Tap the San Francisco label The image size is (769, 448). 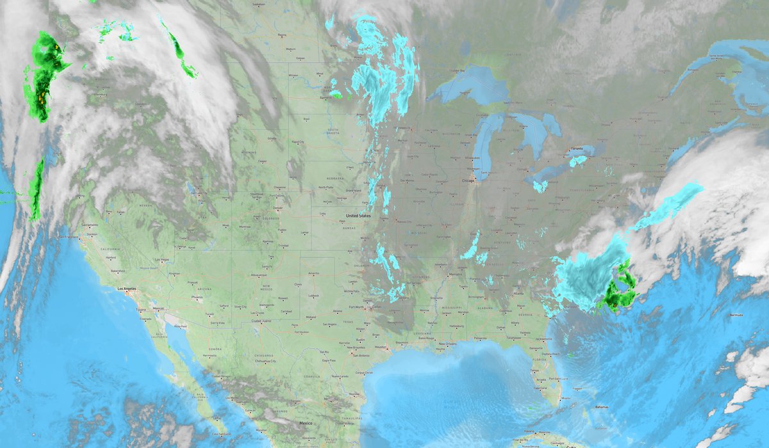(70, 237)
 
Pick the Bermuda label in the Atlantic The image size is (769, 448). (737, 316)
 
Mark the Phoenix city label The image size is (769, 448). (196, 298)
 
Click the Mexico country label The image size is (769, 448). (305, 424)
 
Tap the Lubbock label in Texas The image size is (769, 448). (313, 296)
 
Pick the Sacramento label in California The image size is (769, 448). (89, 225)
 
